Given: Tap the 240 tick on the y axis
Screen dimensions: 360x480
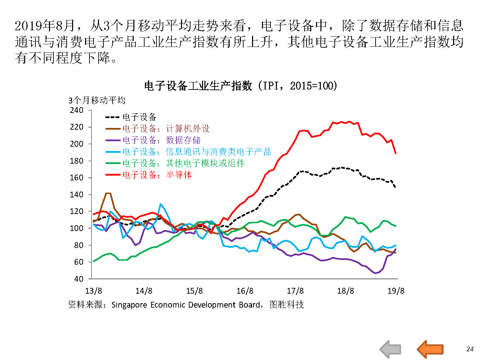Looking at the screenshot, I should point(77,110).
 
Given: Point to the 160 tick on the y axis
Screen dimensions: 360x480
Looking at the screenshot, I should point(77,178).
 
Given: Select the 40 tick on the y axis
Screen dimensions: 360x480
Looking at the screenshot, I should point(79,279).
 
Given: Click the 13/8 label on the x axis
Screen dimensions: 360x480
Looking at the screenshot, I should point(94,291).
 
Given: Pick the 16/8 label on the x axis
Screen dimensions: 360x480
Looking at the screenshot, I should point(245,291).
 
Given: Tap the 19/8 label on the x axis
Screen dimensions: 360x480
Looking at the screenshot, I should point(396,291).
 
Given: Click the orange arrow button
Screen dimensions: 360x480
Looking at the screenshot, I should point(430,349).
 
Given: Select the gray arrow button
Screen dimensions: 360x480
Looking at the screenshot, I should point(391,349).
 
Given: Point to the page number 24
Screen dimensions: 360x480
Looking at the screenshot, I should point(470,349).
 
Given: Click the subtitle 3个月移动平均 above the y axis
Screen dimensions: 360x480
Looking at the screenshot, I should point(97,100).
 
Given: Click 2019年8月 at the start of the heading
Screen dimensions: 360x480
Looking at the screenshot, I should point(44,26).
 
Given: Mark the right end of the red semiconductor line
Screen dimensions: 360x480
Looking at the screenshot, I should point(396,153).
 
